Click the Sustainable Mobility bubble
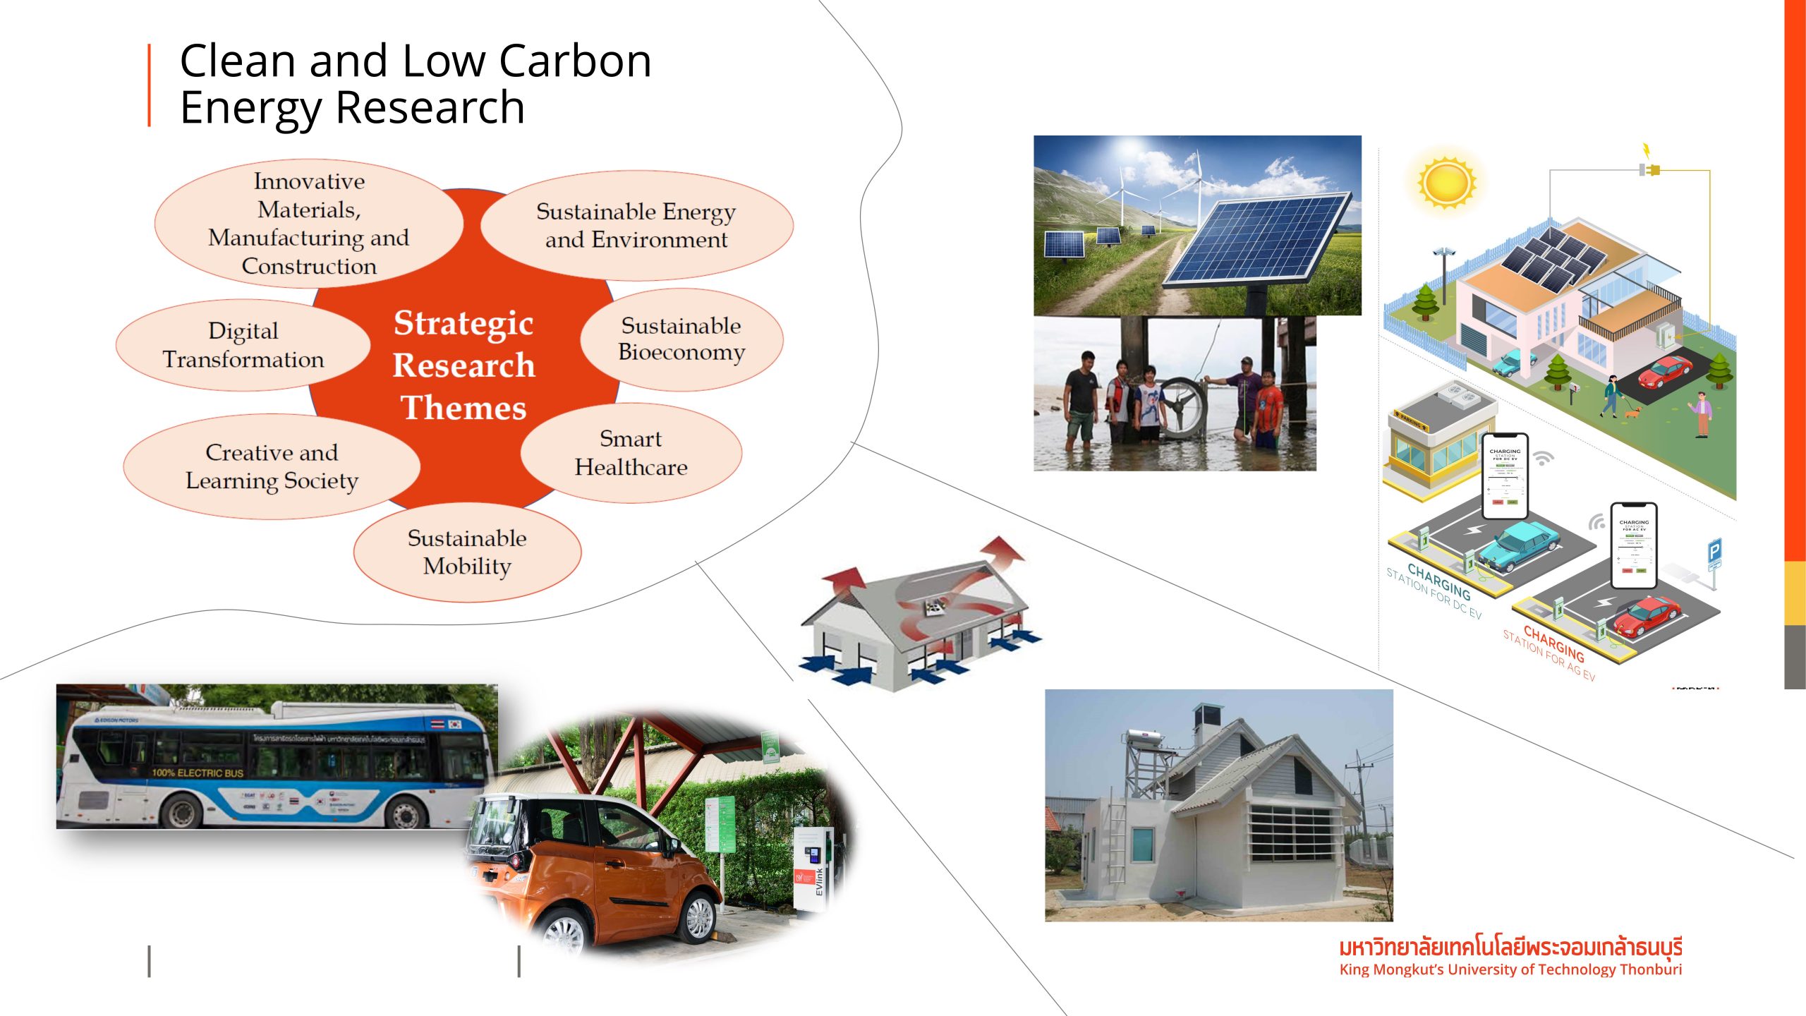coord(467,552)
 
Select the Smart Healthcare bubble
coord(631,453)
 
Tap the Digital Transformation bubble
coord(243,345)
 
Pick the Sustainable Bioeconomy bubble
coord(681,339)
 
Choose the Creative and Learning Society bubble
coord(272,466)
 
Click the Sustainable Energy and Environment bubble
coord(636,225)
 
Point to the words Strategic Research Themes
coord(463,365)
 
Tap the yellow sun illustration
coord(1446,183)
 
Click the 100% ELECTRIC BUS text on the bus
coord(197,773)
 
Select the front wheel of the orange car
coord(698,917)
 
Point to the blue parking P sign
coord(1714,551)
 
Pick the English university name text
coord(1510,969)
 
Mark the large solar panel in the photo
coord(1256,240)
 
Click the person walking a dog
coord(1611,395)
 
